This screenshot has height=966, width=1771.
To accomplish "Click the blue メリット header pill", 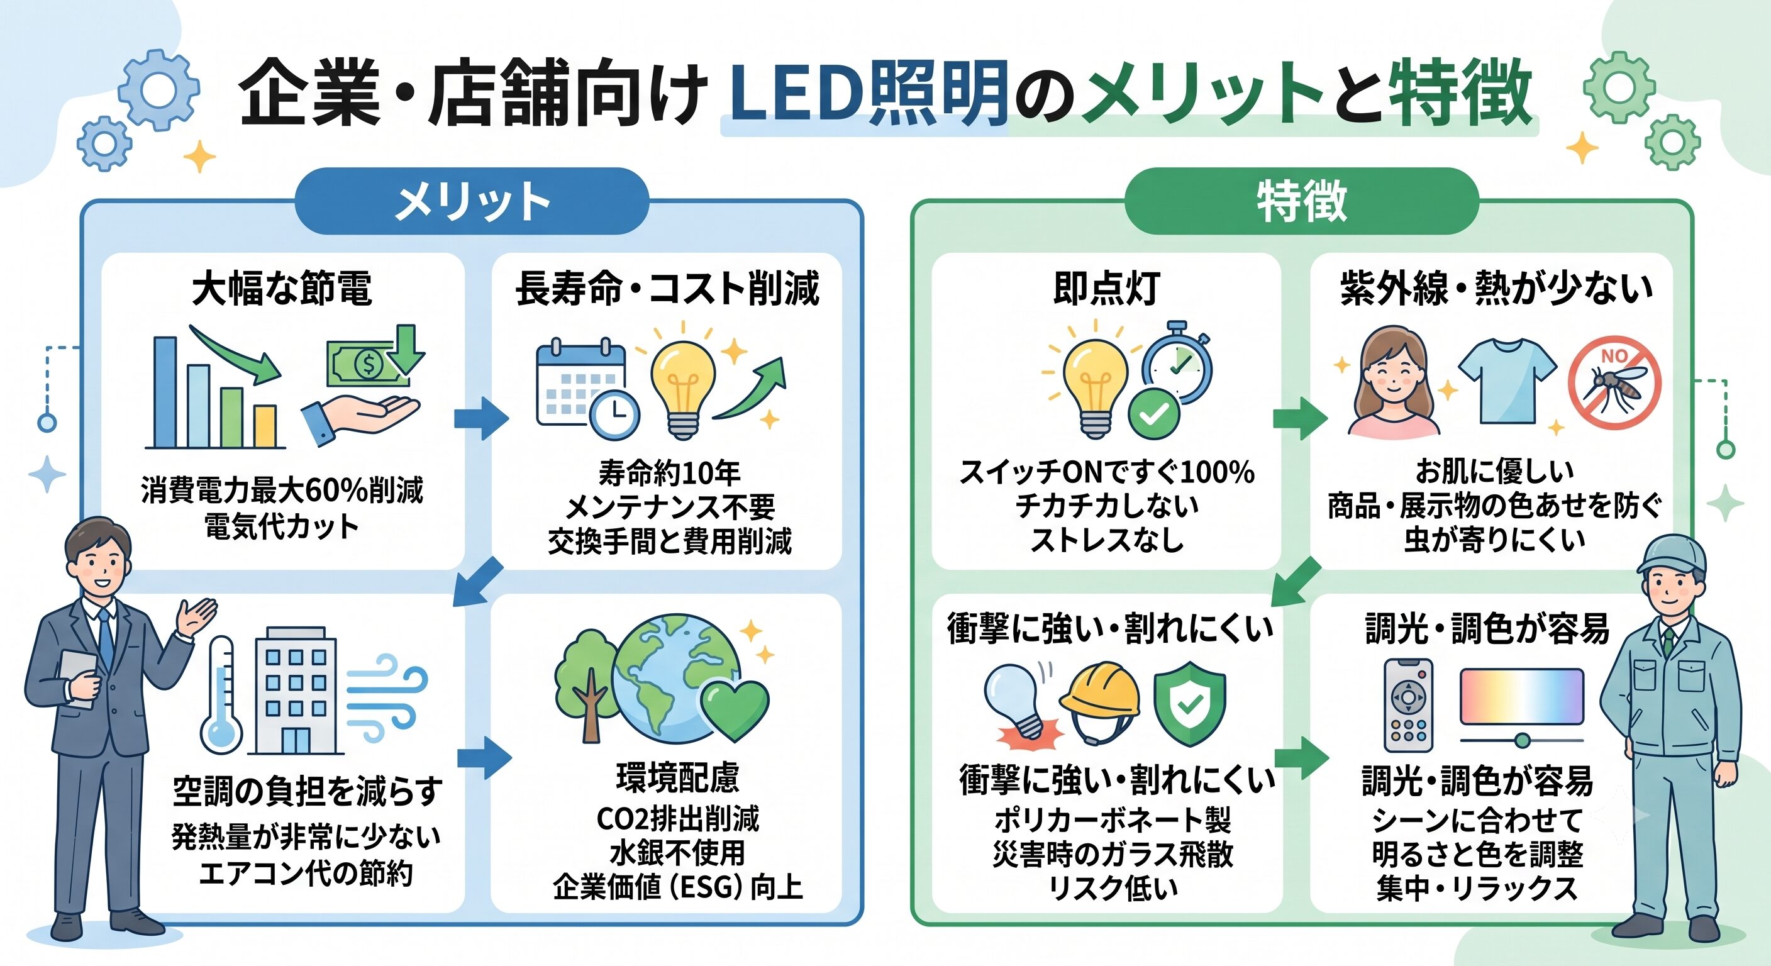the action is point(472,201).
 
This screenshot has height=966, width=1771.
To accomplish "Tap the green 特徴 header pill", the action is point(1301,201).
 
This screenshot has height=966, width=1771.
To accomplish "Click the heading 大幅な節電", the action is point(282,289).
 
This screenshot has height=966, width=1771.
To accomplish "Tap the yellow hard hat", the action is point(1099,701).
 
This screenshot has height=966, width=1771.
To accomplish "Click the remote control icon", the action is point(1408,706).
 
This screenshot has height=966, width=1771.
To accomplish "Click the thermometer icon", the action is point(221,695).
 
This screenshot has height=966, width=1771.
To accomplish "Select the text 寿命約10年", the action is point(669,473).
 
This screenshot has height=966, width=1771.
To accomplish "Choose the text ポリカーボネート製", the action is point(1113,819).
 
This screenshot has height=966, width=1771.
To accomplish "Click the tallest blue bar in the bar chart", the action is point(165,392).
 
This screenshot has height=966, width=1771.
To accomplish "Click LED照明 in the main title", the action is point(869,93).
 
